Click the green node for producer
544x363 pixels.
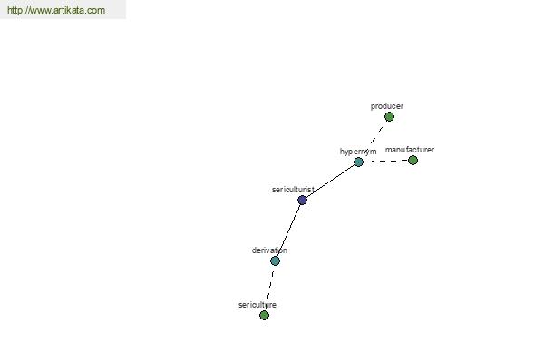(389, 117)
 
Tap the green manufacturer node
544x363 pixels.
(413, 160)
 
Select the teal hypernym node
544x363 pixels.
(358, 162)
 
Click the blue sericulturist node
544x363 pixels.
(302, 200)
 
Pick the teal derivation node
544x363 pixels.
(275, 260)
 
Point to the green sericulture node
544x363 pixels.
(265, 316)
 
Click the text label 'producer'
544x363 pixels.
(387, 106)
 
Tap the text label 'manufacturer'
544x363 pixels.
(410, 150)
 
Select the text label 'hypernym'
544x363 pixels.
(358, 152)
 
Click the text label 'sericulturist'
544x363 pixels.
(293, 190)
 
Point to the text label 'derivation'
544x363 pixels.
(269, 250)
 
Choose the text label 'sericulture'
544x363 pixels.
(257, 305)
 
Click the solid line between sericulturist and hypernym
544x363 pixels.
(330, 181)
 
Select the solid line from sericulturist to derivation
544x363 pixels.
(288, 231)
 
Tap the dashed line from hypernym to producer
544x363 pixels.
(377, 135)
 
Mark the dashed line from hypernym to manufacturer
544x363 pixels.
(388, 161)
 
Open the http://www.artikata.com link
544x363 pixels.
(56, 10)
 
